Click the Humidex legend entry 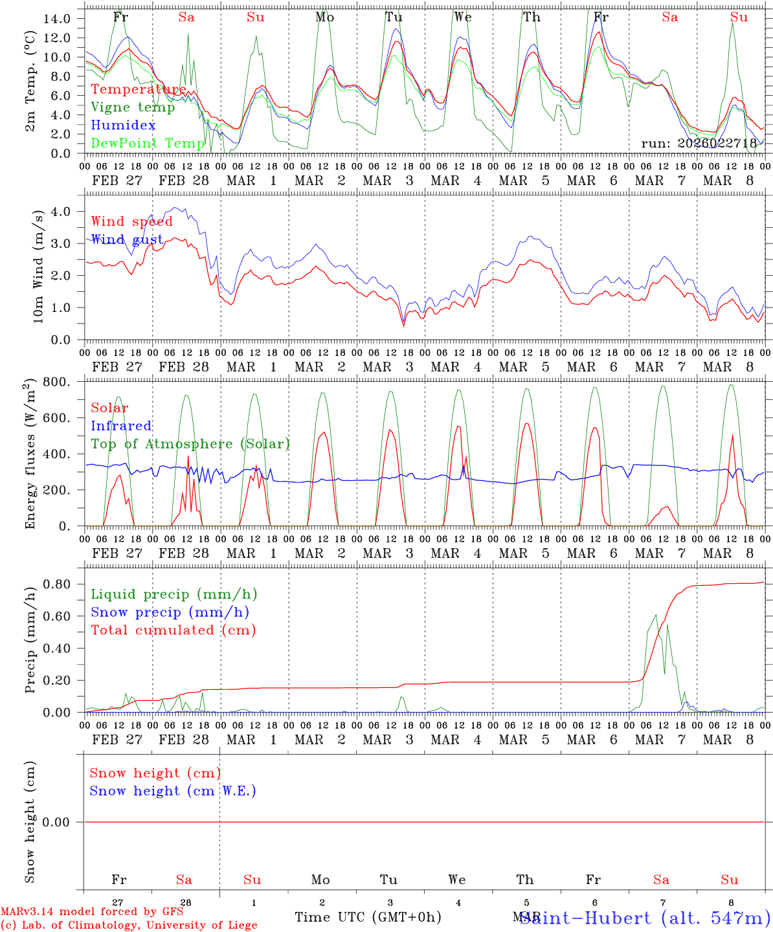tap(124, 125)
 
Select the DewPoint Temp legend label tap(148, 143)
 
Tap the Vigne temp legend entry tap(133, 107)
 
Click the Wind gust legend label tap(127, 239)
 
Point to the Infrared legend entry tap(121, 426)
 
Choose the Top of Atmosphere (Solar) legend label tap(190, 444)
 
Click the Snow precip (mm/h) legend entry tap(170, 612)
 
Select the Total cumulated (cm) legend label tap(174, 630)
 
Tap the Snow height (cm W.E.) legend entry tap(173, 791)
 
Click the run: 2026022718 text tap(699, 143)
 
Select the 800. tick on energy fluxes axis tap(57, 382)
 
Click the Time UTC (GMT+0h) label tap(368, 917)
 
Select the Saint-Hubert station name tap(645, 918)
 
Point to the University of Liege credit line tap(129, 926)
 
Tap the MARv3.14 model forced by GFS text tap(92, 912)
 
